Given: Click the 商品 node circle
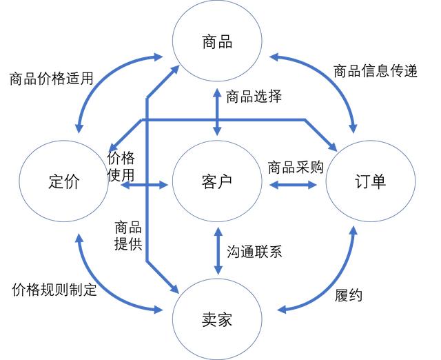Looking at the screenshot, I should [218, 42].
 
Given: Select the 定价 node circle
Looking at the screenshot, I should [64, 182].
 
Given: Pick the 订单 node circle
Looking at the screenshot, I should [371, 182].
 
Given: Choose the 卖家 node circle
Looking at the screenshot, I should [218, 319].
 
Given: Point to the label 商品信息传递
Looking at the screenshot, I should [376, 71].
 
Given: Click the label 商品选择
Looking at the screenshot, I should [254, 96].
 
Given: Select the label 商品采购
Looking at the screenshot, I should [296, 167].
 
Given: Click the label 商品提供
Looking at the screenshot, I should [128, 234].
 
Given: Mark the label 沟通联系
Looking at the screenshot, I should [254, 251].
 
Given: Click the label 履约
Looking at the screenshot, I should [348, 296].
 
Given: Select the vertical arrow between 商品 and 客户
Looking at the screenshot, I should [218, 110].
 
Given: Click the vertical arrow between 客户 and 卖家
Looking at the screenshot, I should [218, 252].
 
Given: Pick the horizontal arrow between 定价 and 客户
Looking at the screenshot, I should [139, 185].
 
